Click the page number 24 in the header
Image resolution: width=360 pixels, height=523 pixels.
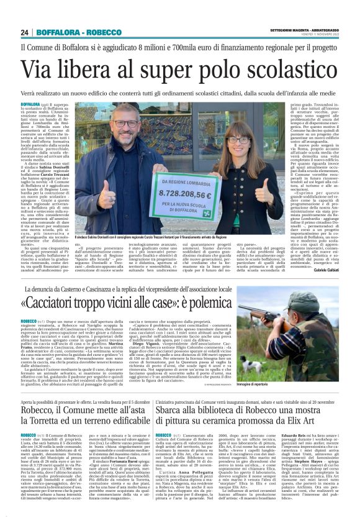pyautogui.click(x=25, y=32)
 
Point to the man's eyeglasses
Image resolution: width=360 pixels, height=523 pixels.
pyautogui.click(x=127, y=123)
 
